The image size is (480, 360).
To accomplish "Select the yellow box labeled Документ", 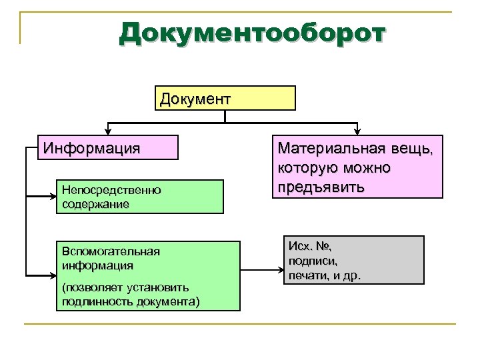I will tap(225, 98).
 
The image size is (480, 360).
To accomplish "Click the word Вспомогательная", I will tap(110, 251).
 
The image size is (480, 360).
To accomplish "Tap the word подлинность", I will tap(90, 300).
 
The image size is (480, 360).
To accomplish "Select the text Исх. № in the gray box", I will tap(310, 247).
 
